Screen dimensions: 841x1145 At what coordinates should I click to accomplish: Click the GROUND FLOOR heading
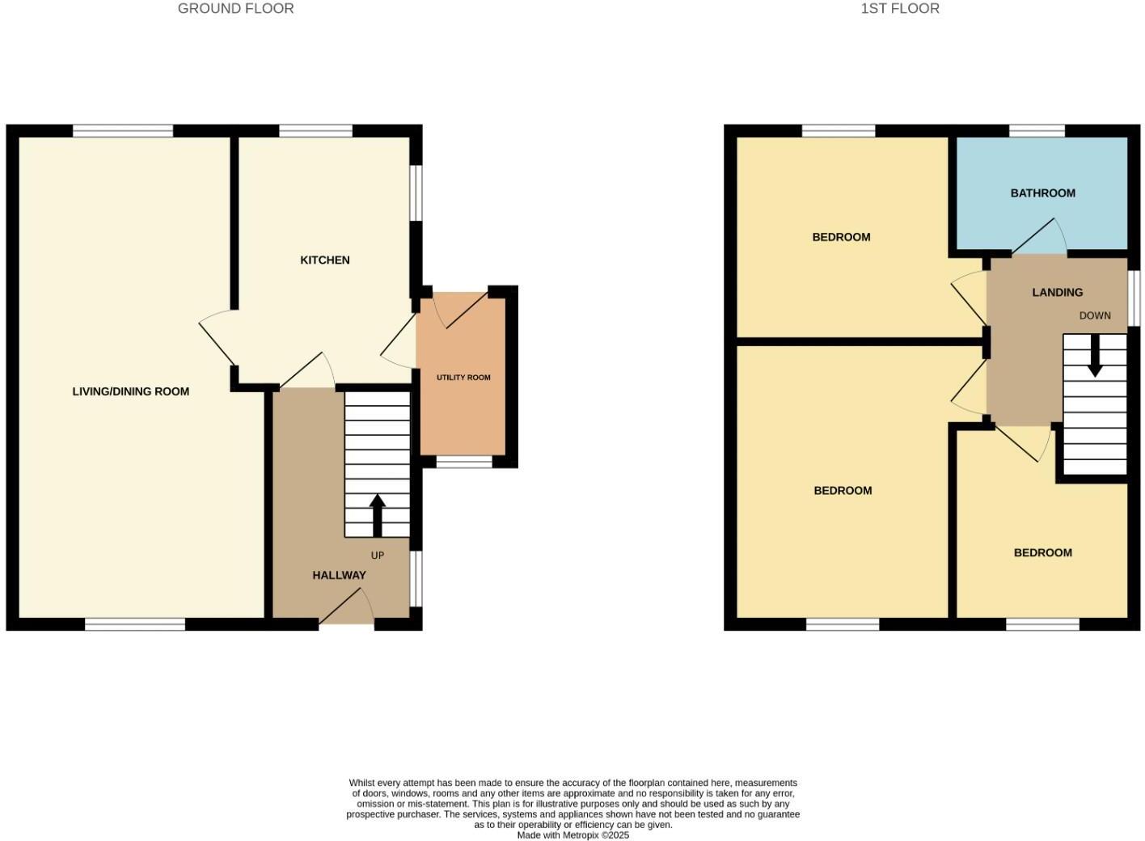[x=235, y=9]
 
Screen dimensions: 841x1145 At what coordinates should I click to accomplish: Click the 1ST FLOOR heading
[x=900, y=9]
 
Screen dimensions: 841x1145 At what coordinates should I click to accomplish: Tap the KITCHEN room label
[x=325, y=260]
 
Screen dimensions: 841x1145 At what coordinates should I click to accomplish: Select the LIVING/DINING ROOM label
[x=131, y=391]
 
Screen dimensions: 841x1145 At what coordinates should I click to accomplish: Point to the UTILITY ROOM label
[x=463, y=378]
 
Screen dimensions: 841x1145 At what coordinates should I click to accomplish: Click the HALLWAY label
[x=339, y=576]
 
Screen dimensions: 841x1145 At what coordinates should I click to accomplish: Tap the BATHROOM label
[x=1042, y=193]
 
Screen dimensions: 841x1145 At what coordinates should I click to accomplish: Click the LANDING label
[x=1057, y=293]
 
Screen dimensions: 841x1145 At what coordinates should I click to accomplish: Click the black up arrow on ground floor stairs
[x=377, y=515]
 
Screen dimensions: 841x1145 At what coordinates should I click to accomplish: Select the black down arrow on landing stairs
[x=1094, y=356]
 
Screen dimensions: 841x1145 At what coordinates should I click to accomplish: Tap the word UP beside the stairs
[x=377, y=556]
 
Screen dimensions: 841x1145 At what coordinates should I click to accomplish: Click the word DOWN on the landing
[x=1094, y=316]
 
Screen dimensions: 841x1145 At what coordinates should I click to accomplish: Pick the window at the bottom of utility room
[x=464, y=463]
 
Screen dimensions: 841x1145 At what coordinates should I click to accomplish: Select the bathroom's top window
[x=1037, y=131]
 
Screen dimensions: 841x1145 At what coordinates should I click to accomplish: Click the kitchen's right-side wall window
[x=416, y=192]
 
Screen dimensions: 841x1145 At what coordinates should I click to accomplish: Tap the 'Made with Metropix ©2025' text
[x=572, y=835]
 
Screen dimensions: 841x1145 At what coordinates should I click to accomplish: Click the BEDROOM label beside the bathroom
[x=841, y=238]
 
